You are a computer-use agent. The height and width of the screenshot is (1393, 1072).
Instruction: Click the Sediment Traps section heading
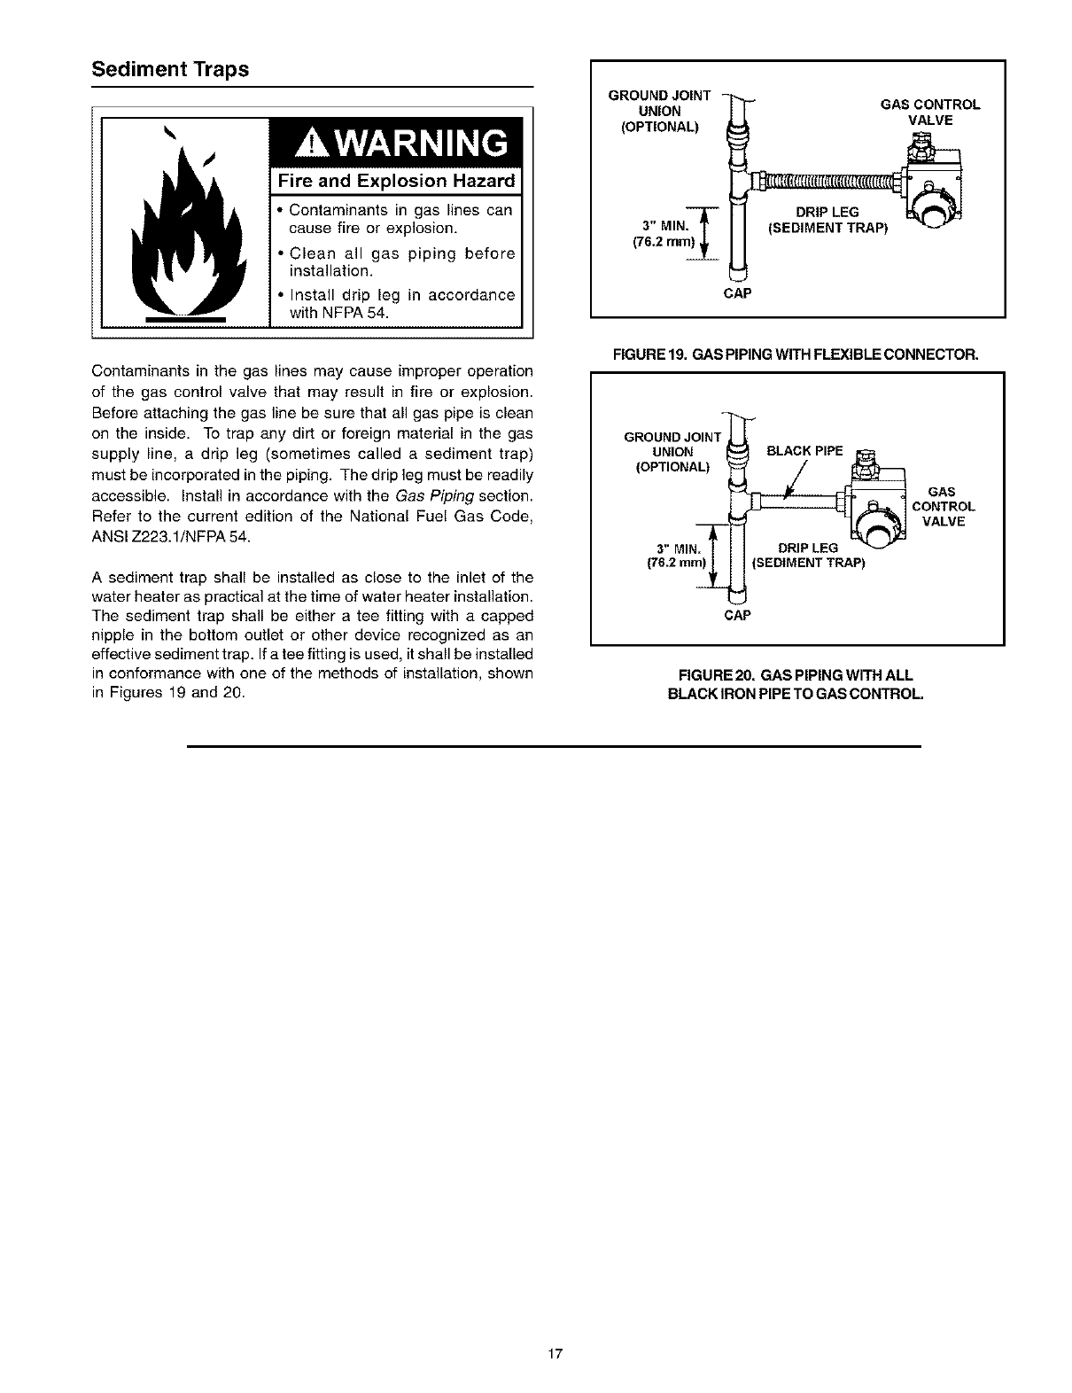pyautogui.click(x=170, y=70)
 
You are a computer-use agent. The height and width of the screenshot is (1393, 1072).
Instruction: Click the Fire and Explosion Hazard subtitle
pyautogui.click(x=395, y=182)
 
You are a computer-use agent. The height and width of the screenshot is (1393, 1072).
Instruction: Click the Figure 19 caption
pyautogui.click(x=796, y=354)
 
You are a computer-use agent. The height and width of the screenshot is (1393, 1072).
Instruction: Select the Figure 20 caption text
pyautogui.click(x=796, y=684)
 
